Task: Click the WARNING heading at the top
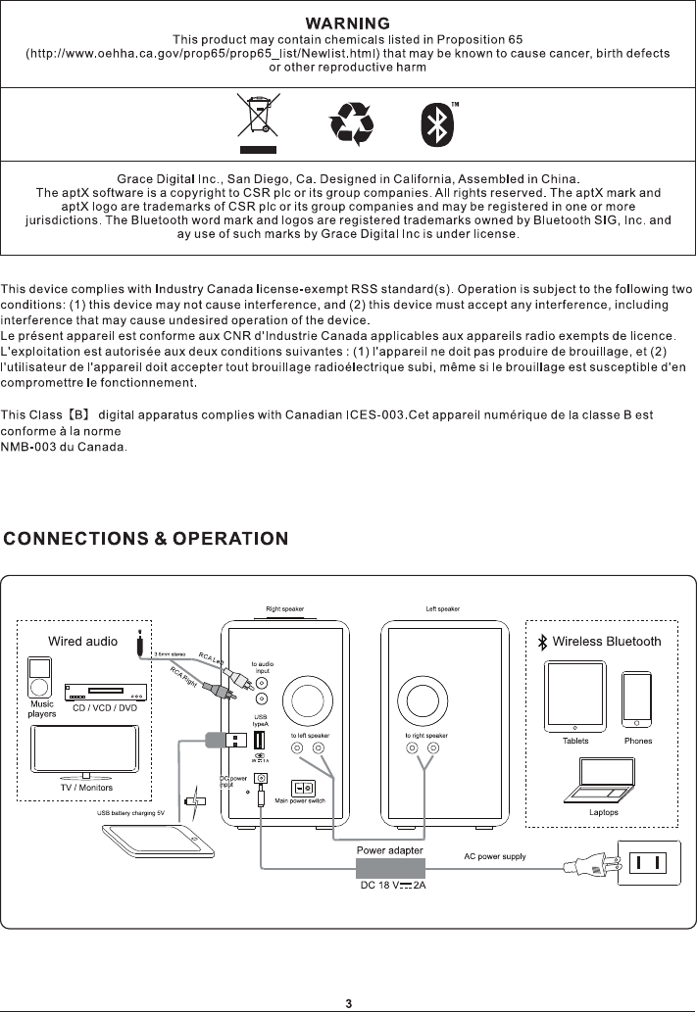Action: click(348, 22)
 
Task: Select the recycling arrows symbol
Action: click(351, 123)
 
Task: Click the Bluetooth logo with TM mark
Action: click(437, 123)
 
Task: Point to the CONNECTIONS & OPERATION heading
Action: click(146, 538)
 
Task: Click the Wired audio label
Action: click(83, 642)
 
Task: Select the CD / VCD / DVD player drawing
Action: click(105, 693)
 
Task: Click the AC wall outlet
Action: click(647, 863)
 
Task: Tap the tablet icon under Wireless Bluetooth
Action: click(575, 697)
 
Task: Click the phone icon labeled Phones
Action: click(637, 700)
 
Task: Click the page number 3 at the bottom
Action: click(348, 1003)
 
